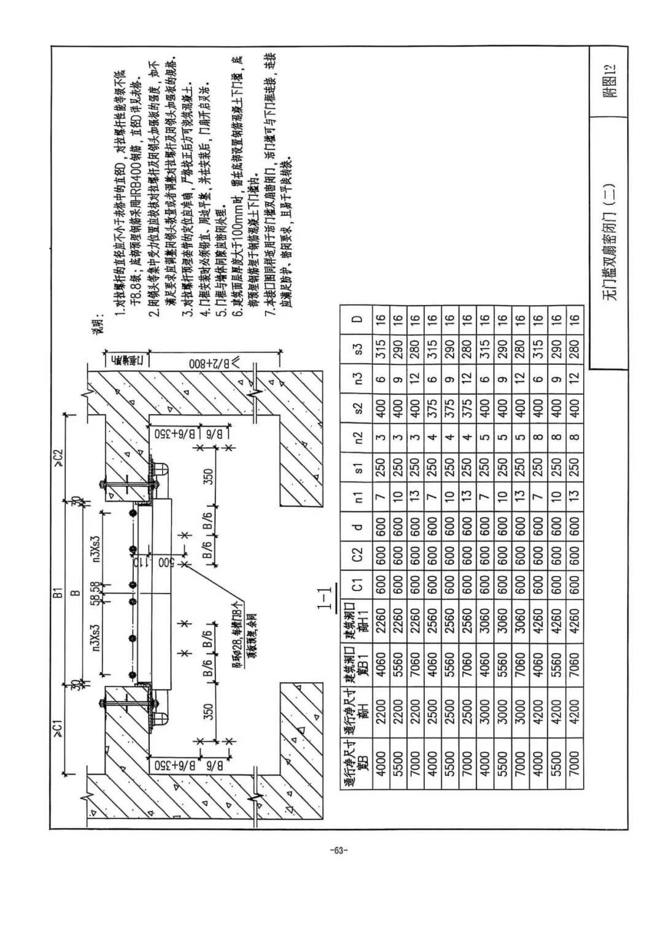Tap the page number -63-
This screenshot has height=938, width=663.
pyautogui.click(x=338, y=851)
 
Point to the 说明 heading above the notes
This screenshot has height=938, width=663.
pyautogui.click(x=98, y=322)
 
